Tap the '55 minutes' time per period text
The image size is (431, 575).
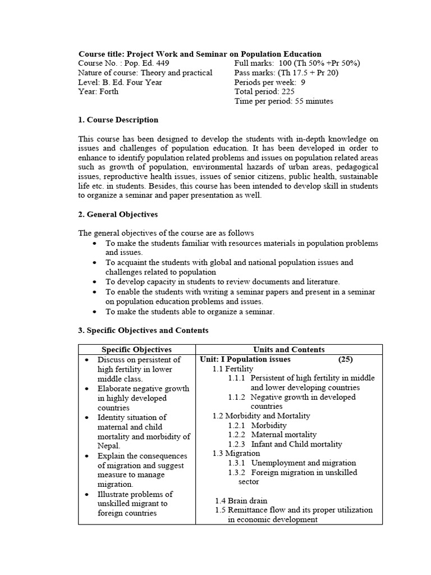pyautogui.click(x=314, y=101)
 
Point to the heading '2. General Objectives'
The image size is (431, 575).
pyautogui.click(x=118, y=215)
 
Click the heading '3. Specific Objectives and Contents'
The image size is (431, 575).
pyautogui.click(x=143, y=330)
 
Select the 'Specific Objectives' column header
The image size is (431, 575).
pyautogui.click(x=137, y=349)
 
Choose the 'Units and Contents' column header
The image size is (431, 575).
pyautogui.click(x=289, y=349)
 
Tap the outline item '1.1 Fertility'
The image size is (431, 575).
pyautogui.click(x=233, y=369)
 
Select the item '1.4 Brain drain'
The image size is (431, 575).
pyautogui.click(x=241, y=500)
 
